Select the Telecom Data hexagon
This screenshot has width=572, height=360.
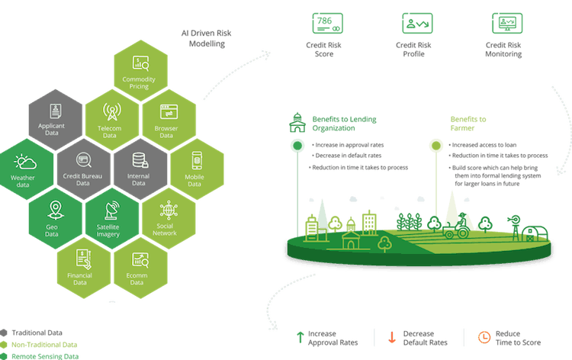point(111,119)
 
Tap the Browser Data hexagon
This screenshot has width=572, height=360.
point(169,119)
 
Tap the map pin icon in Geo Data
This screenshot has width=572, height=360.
point(54,209)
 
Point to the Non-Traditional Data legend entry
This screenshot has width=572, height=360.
point(38,344)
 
